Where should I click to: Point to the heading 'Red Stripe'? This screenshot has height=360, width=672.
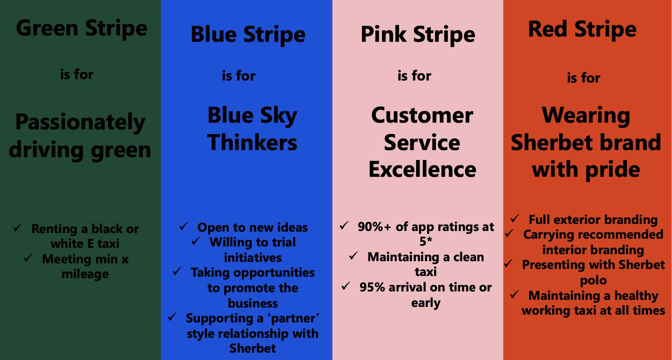[582, 30]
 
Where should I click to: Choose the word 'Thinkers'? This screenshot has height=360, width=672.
[252, 142]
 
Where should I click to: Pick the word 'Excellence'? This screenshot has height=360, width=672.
[422, 169]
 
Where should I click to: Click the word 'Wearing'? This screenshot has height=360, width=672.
[586, 116]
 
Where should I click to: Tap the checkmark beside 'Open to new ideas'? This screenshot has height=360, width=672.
[184, 226]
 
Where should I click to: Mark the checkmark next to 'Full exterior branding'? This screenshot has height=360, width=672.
[515, 218]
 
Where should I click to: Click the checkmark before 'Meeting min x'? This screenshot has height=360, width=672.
[28, 258]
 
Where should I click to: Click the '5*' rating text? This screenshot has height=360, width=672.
[426, 242]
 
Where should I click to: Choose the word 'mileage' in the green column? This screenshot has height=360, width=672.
[85, 275]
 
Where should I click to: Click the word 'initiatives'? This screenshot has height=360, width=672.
[253, 258]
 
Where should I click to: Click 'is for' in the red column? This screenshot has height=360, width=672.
[583, 78]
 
